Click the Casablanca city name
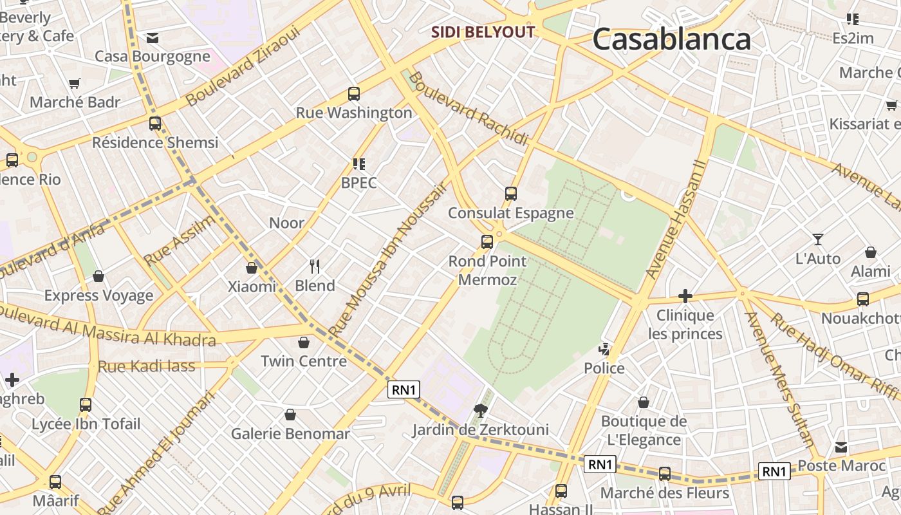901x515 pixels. pyautogui.click(x=671, y=39)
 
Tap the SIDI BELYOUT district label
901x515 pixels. pyautogui.click(x=483, y=32)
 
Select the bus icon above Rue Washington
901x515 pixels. pyautogui.click(x=353, y=94)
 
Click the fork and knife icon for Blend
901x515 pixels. pyautogui.click(x=315, y=266)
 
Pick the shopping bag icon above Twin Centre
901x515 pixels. pyautogui.click(x=304, y=342)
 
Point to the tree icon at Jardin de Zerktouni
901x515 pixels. pyautogui.click(x=480, y=411)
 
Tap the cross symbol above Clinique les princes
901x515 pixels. pyautogui.click(x=685, y=296)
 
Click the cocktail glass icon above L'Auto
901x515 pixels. pyautogui.click(x=817, y=239)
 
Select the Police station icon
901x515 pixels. pyautogui.click(x=604, y=350)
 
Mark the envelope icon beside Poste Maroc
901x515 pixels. pyautogui.click(x=841, y=447)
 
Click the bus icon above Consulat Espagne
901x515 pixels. pyautogui.click(x=511, y=193)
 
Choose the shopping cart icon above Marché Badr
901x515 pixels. pyautogui.click(x=75, y=84)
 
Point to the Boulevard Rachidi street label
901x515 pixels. pyautogui.click(x=468, y=108)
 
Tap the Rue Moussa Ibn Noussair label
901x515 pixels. pyautogui.click(x=388, y=260)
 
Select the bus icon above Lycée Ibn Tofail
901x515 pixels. pyautogui.click(x=86, y=405)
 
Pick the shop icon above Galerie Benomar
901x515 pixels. pyautogui.click(x=290, y=415)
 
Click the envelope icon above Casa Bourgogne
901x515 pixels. pyautogui.click(x=153, y=38)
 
